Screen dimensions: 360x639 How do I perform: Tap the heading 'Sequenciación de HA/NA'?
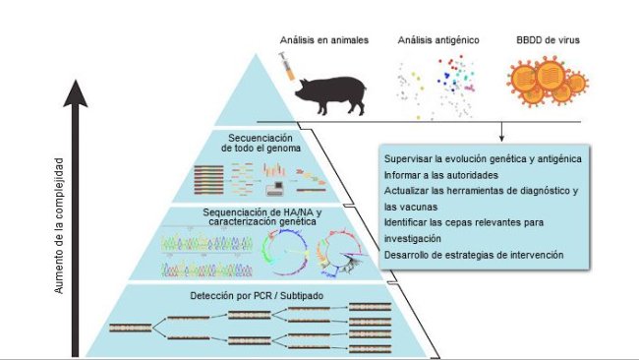pos(259,216)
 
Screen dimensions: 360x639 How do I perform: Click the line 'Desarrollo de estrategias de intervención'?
pos(474,255)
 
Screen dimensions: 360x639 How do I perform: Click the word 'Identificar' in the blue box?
pos(409,222)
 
